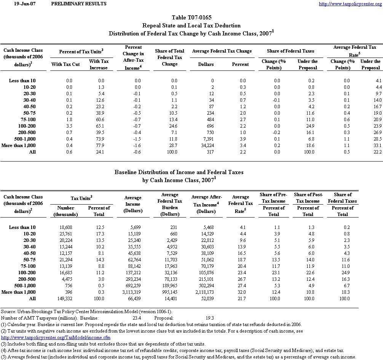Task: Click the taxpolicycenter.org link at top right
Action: (x=350, y=4)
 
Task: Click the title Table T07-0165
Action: (x=191, y=18)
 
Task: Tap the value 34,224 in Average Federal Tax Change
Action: (x=206, y=145)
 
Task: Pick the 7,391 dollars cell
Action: (x=207, y=139)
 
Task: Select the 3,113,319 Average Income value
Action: (x=131, y=292)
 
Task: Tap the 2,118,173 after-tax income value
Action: (x=206, y=292)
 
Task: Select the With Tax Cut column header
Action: (x=65, y=64)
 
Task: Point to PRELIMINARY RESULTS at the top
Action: (x=78, y=4)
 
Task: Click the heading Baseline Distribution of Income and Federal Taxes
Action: (x=179, y=172)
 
